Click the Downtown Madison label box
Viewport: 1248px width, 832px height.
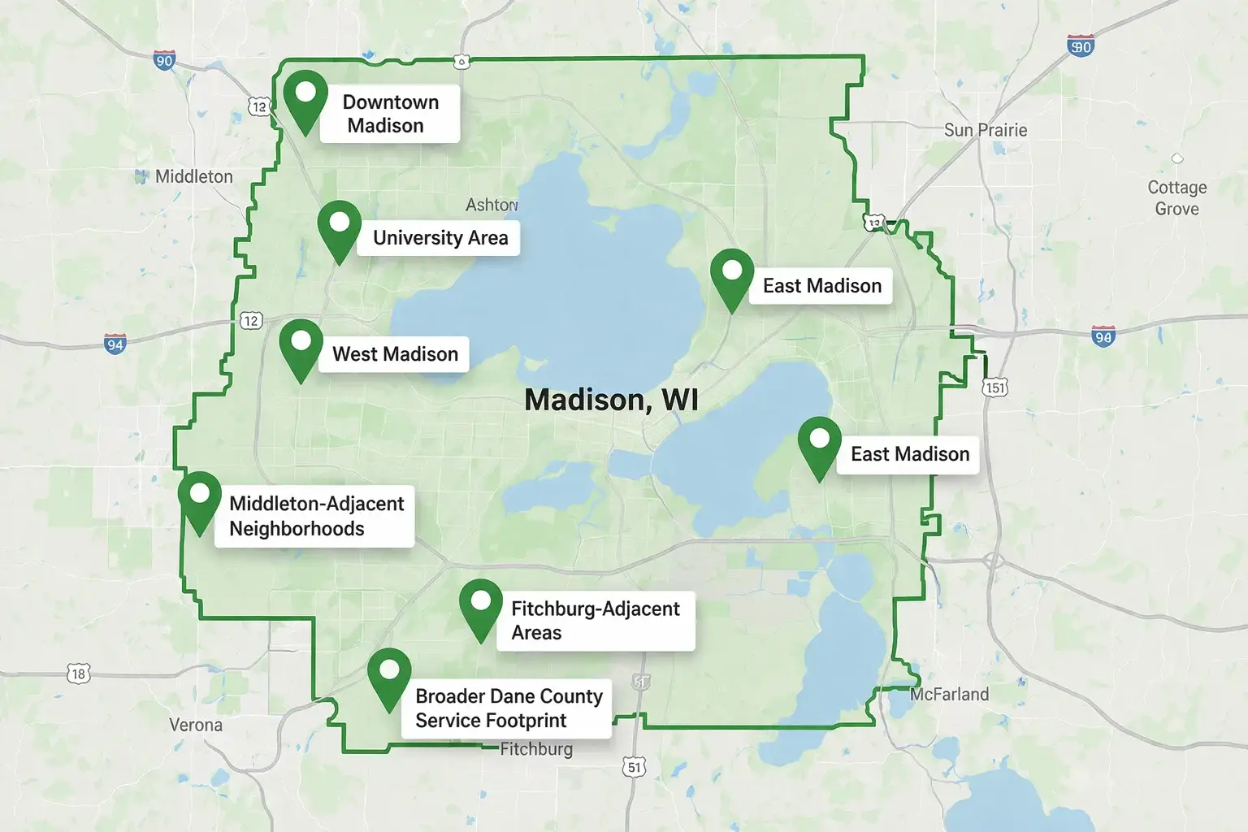click(390, 114)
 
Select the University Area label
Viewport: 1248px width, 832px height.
click(440, 238)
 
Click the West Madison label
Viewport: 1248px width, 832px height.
click(395, 354)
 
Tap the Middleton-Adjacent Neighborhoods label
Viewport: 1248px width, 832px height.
click(315, 516)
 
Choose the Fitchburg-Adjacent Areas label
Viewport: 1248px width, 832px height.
click(596, 621)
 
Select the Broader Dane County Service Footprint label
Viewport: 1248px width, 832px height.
click(508, 708)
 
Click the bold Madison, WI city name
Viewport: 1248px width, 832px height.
click(611, 400)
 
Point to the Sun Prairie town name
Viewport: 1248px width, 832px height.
click(985, 130)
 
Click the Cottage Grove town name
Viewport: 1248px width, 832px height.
click(1176, 198)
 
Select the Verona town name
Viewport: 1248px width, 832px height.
click(196, 725)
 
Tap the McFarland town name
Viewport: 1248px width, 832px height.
click(949, 695)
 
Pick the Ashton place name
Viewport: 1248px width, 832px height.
click(492, 205)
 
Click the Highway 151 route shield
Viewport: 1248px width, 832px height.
click(995, 388)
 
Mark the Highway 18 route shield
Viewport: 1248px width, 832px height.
click(78, 674)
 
